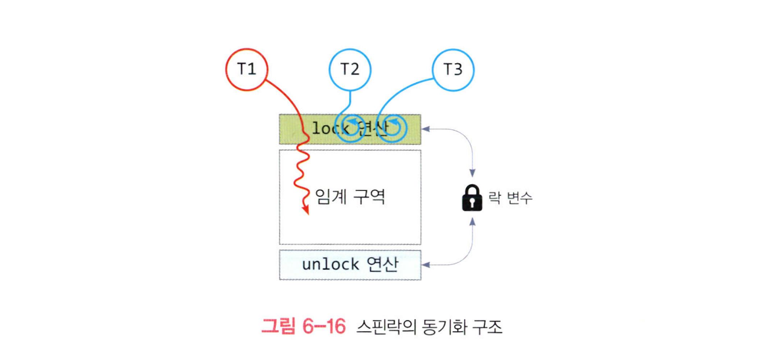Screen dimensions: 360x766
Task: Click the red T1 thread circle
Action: click(x=246, y=69)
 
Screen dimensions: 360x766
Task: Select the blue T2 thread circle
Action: click(x=350, y=69)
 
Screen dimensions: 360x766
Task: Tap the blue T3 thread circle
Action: click(x=453, y=69)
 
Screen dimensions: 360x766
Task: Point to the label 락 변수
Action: click(x=509, y=198)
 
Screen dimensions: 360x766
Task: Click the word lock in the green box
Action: click(x=326, y=128)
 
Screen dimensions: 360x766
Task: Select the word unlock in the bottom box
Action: click(x=331, y=264)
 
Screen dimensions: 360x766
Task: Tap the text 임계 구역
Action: click(x=350, y=196)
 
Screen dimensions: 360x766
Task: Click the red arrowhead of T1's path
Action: click(x=306, y=210)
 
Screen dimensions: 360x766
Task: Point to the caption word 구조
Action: click(x=487, y=327)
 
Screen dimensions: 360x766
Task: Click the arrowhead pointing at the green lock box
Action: click(x=425, y=128)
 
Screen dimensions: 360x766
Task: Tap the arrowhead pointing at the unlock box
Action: click(x=425, y=264)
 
